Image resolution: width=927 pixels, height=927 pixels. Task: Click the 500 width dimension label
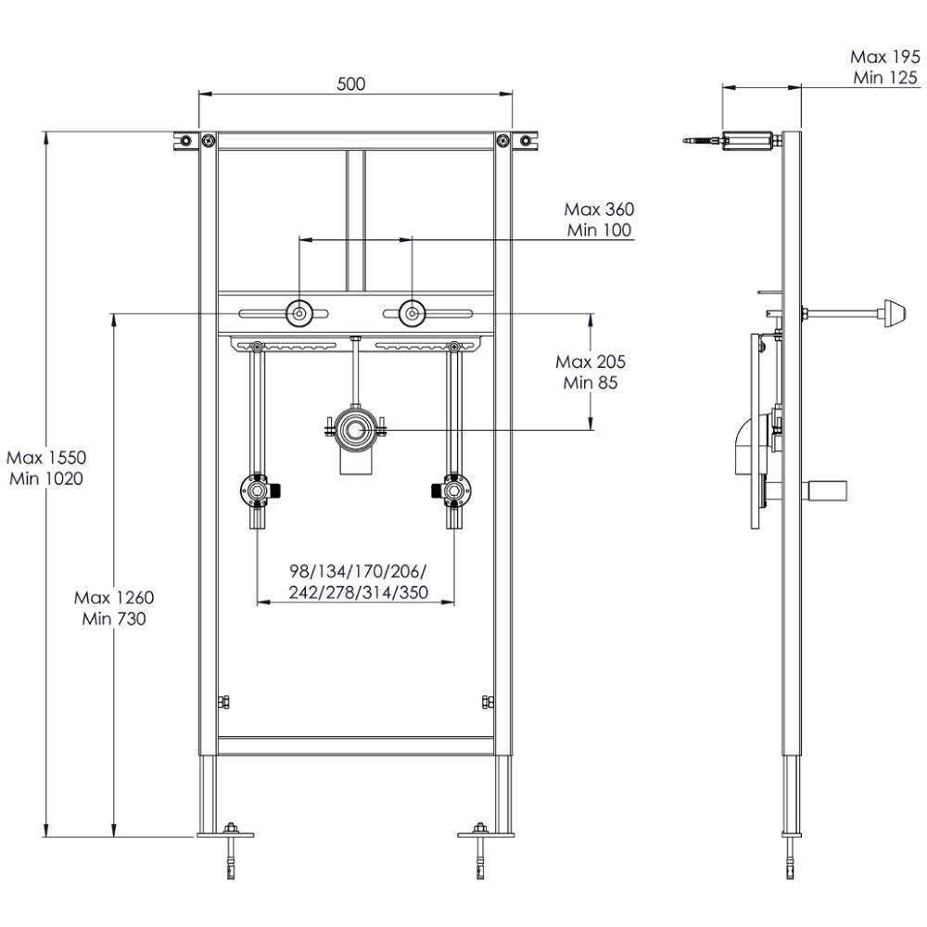pos(350,83)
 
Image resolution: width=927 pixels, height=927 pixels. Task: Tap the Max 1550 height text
pos(46,457)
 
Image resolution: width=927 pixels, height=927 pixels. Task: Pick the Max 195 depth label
pos(885,57)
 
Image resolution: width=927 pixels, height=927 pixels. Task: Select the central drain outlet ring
pos(352,428)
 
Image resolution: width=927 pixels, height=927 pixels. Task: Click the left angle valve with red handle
pos(257,489)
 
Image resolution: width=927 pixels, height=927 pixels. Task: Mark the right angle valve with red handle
pos(452,489)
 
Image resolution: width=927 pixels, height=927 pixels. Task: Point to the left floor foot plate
pos(225,834)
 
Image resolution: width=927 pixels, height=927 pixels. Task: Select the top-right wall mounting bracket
pos(526,141)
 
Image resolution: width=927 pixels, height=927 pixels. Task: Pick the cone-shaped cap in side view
pos(895,312)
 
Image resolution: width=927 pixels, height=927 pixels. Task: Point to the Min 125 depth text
pos(885,78)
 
